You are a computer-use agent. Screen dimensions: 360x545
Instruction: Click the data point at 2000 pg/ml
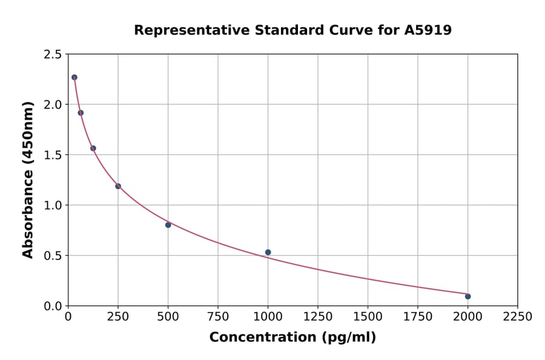[467, 296]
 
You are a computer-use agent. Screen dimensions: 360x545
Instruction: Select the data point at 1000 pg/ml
[268, 252]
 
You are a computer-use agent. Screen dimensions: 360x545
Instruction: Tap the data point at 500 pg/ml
[168, 225]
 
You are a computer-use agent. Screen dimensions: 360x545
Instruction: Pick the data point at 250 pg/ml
[118, 186]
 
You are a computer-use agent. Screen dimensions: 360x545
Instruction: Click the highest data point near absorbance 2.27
[74, 78]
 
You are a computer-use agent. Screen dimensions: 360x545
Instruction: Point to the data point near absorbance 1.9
[81, 113]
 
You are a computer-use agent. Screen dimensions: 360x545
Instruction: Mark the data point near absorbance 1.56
[93, 148]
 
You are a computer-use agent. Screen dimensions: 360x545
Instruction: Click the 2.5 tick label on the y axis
[52, 55]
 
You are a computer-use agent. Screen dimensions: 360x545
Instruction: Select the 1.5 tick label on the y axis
[52, 155]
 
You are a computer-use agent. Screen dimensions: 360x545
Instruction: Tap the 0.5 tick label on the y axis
[52, 256]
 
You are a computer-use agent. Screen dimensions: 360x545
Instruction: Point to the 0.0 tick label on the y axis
[52, 306]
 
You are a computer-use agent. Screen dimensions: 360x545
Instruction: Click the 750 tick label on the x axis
[218, 317]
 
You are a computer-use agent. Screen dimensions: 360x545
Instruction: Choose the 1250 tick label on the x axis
[318, 317]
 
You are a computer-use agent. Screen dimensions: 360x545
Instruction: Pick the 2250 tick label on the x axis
[518, 317]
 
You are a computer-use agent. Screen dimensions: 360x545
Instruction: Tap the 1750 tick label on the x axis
[418, 317]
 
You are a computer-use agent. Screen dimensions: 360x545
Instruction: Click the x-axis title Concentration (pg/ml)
[292, 338]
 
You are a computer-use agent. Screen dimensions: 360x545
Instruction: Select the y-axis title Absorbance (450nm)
[28, 180]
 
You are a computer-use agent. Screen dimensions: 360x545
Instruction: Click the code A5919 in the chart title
[428, 30]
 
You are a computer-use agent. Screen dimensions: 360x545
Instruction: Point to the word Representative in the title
[182, 30]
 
